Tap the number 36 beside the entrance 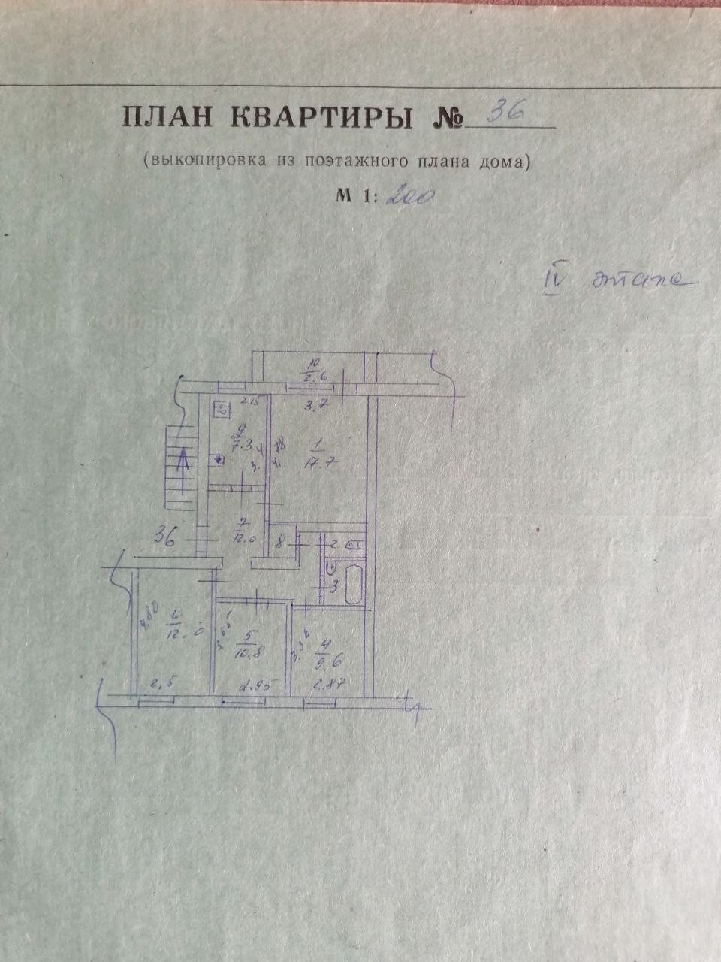(165, 537)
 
